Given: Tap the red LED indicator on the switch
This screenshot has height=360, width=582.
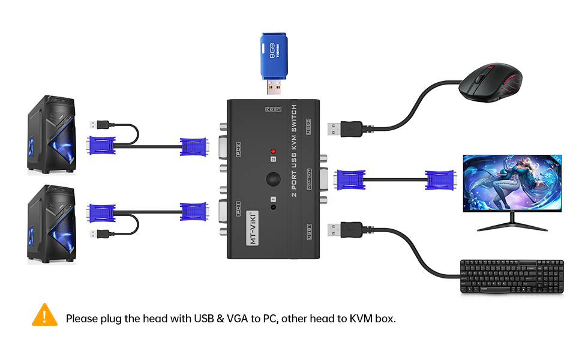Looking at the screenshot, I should click(x=274, y=151).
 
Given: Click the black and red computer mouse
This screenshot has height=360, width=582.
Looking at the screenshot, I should click(x=491, y=83).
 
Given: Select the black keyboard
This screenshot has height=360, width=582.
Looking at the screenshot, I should click(x=512, y=277).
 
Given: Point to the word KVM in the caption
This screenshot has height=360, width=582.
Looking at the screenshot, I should click(x=362, y=318).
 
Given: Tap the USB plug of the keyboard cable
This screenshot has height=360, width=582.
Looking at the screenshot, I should click(x=344, y=229).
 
